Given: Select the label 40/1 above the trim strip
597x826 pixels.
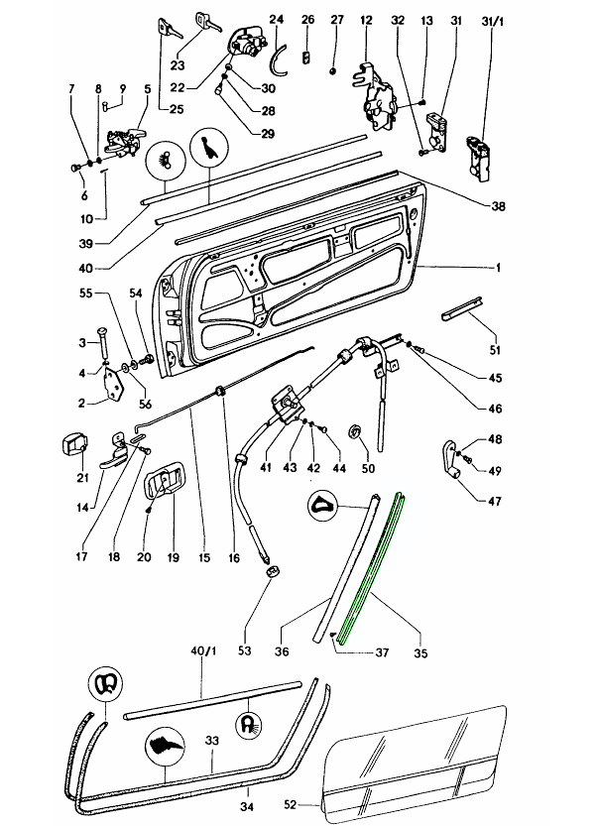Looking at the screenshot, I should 202,651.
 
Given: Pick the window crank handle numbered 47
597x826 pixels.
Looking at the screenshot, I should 451,457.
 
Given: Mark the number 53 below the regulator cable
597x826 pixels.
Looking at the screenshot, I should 244,650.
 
